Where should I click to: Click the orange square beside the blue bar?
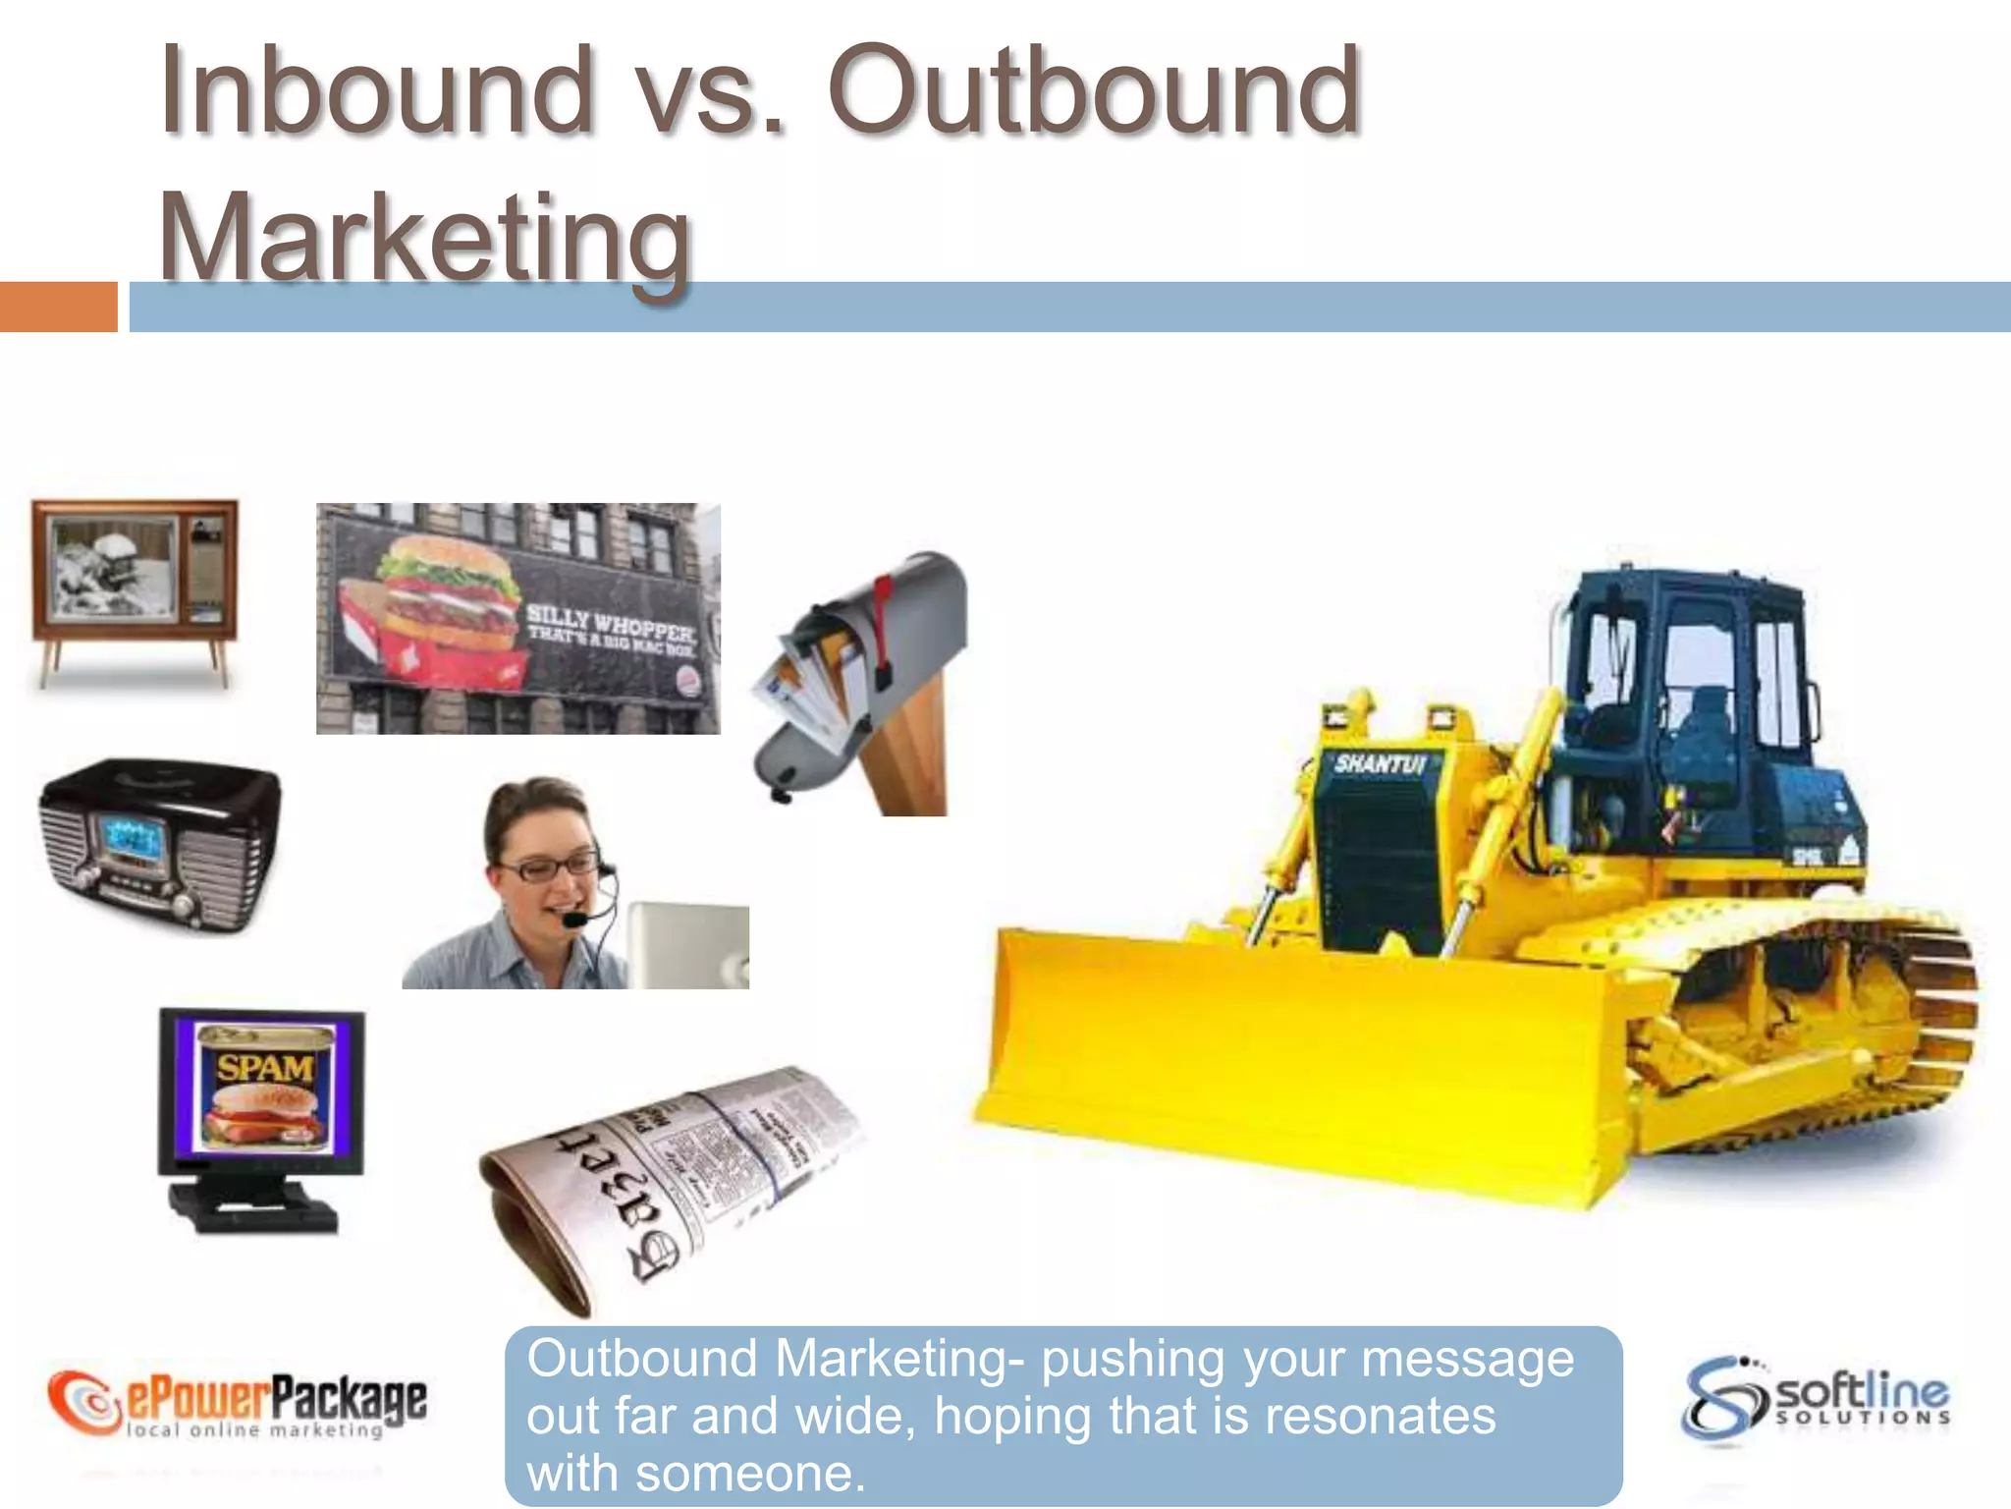(58, 307)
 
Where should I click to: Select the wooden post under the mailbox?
(908, 747)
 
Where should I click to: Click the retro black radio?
(159, 845)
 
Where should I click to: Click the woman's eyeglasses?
(545, 866)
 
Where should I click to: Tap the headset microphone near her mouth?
(573, 920)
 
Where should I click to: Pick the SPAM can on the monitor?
(263, 1086)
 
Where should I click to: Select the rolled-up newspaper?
(668, 1179)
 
